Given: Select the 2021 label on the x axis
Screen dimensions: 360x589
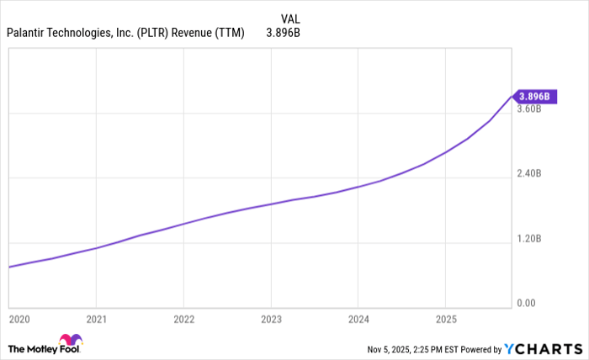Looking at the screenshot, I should [97, 320].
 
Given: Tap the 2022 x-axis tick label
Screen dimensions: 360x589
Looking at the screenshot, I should [183, 320].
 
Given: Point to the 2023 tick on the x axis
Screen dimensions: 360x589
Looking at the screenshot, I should [271, 320].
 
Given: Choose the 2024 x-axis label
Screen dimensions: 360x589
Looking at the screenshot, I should [358, 320].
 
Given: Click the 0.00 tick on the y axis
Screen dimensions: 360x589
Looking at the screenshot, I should [527, 303].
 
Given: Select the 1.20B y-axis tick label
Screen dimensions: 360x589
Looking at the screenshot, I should [529, 239].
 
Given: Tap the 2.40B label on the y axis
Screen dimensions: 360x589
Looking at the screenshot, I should [529, 174].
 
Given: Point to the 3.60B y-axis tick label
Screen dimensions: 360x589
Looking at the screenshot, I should [529, 109].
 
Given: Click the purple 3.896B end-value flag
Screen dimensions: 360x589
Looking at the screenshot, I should [533, 97].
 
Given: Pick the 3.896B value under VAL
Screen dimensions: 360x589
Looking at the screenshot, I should [284, 34].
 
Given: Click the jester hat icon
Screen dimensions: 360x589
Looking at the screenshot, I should [71, 341].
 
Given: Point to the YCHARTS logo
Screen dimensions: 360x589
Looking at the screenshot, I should [542, 348].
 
